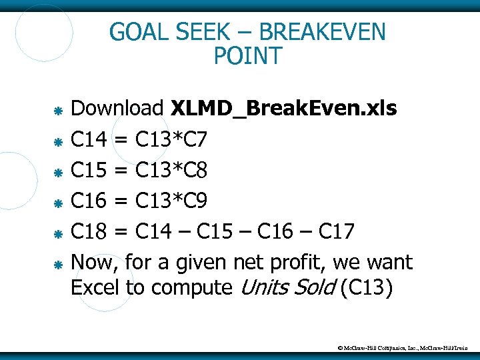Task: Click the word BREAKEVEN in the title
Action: [322, 32]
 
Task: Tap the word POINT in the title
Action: [248, 57]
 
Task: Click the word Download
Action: [117, 108]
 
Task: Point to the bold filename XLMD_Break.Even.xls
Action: [284, 109]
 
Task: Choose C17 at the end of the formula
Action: [337, 232]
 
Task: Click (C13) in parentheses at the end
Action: [367, 288]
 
